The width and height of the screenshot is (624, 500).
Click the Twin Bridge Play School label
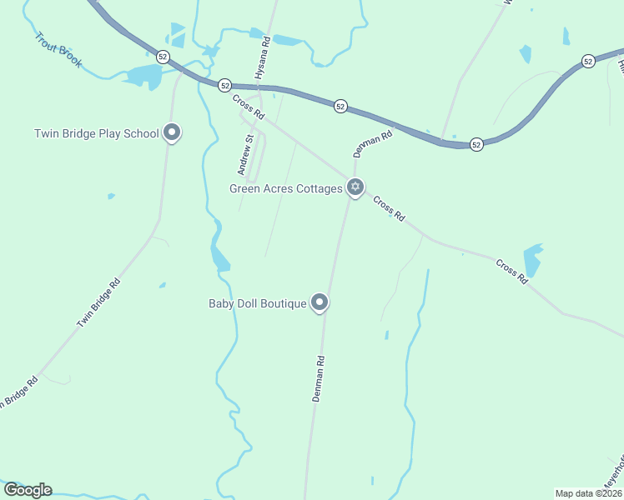click(x=96, y=133)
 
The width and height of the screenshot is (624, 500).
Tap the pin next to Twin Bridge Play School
click(x=172, y=132)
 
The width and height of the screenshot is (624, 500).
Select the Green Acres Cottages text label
click(x=286, y=188)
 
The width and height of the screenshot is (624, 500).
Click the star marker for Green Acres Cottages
click(x=355, y=187)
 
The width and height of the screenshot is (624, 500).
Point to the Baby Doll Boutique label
click(x=258, y=303)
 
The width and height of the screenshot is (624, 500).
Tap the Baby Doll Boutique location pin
click(x=320, y=302)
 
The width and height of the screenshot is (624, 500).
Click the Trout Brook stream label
click(x=58, y=50)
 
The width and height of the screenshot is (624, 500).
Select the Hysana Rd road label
click(x=262, y=57)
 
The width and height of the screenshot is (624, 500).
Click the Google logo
click(x=28, y=490)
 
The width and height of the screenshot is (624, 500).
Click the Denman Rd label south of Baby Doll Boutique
click(x=318, y=379)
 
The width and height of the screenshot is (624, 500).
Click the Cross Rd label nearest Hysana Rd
click(x=248, y=106)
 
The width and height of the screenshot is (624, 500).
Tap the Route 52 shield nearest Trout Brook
click(x=163, y=57)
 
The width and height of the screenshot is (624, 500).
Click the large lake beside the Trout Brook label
click(x=144, y=77)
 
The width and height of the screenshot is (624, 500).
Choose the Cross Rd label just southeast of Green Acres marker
click(x=389, y=208)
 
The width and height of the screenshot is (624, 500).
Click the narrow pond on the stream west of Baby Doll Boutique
click(x=219, y=253)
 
